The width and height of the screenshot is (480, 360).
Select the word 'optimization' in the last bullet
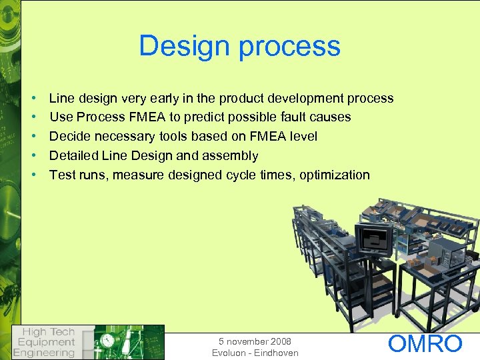tap(335, 175)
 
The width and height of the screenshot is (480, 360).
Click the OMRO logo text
tap(425, 344)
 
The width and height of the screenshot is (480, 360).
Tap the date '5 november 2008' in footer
tap(255, 341)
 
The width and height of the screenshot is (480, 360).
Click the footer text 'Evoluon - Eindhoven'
tap(255, 353)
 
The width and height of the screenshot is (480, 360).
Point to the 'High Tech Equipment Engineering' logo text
tap(45, 342)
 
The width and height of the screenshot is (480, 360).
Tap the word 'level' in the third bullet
tap(303, 137)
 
